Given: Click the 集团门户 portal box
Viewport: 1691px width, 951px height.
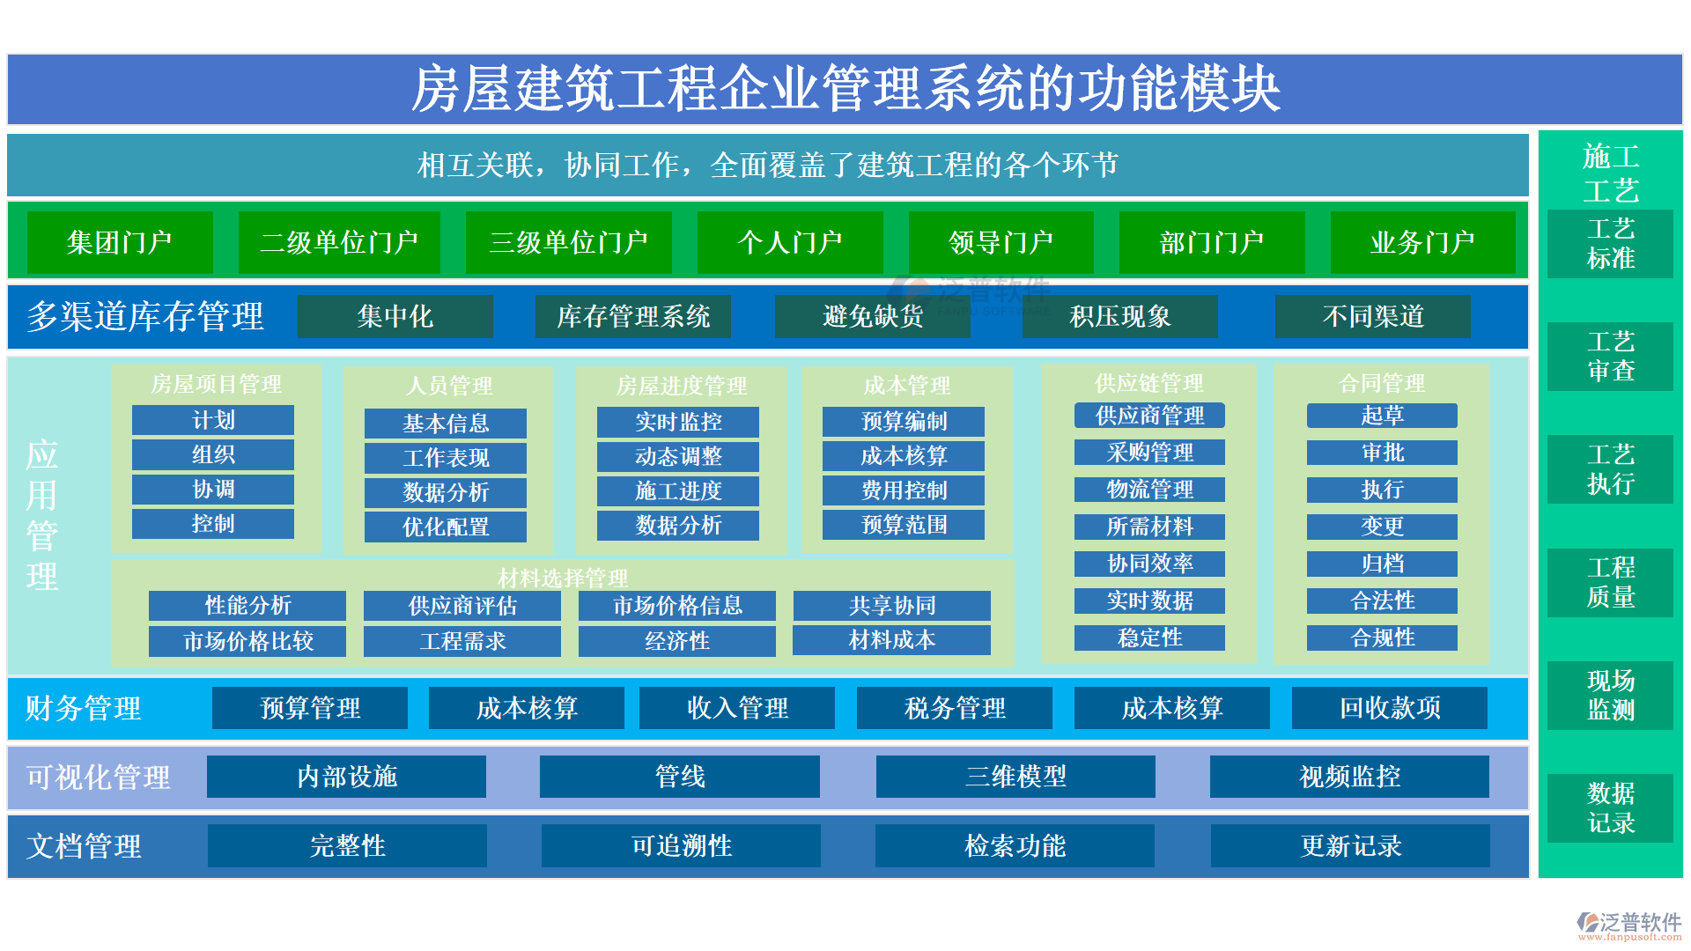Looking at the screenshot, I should pyautogui.click(x=120, y=242).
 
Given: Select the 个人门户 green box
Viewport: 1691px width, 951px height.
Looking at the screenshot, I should pyautogui.click(x=790, y=242).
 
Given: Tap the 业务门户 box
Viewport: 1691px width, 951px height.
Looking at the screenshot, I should pyautogui.click(x=1422, y=242).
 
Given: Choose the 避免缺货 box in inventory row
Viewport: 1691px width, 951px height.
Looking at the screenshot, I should pyautogui.click(x=872, y=316).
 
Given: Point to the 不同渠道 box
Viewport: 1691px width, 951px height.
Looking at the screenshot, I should pyautogui.click(x=1372, y=316).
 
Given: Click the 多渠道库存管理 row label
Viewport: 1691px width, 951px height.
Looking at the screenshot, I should pyautogui.click(x=145, y=316).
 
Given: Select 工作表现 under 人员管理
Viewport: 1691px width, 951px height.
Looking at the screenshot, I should pyautogui.click(x=446, y=458).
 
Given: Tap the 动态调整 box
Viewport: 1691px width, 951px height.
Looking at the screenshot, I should pyautogui.click(x=678, y=456).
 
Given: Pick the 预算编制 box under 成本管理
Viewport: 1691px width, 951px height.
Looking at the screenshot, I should pyautogui.click(x=904, y=421).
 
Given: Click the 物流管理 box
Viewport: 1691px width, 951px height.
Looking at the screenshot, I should pyautogui.click(x=1149, y=489).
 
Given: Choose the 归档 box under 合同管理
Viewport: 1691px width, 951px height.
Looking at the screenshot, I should pyautogui.click(x=1382, y=564).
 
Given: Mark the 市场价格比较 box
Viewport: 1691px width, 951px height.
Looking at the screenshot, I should pyautogui.click(x=247, y=641).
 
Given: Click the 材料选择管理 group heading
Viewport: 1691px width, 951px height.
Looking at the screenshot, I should pyautogui.click(x=563, y=578).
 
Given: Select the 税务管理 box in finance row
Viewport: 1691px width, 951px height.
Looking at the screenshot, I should pyautogui.click(x=955, y=708).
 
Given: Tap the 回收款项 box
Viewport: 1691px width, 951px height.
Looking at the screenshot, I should pyautogui.click(x=1390, y=708).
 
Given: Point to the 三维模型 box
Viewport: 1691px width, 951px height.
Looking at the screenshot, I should pyautogui.click(x=1015, y=777).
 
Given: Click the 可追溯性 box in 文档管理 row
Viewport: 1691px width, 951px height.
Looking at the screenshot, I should pyautogui.click(x=681, y=846).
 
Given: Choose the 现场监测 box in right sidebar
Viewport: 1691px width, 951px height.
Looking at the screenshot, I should pyautogui.click(x=1610, y=695).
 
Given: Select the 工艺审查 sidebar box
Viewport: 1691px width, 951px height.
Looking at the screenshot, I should pyautogui.click(x=1610, y=356).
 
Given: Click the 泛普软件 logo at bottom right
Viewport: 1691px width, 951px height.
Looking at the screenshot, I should pyautogui.click(x=1628, y=925).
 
